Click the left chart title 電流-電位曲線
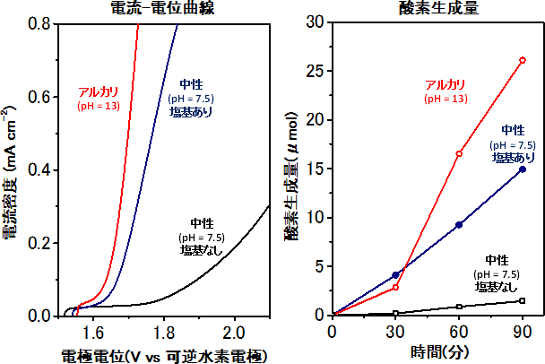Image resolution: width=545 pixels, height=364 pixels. coord(167,9)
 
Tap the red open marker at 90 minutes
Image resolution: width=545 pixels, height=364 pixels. coord(523,60)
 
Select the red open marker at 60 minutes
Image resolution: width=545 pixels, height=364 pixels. coord(459,153)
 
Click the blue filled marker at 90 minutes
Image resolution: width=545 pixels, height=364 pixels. coord(523,169)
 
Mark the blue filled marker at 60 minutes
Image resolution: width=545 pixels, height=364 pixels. coord(459,224)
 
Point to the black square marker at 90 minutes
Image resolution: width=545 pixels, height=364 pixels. coord(523,300)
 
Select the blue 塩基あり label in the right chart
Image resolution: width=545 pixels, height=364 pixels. coord(513,157)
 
